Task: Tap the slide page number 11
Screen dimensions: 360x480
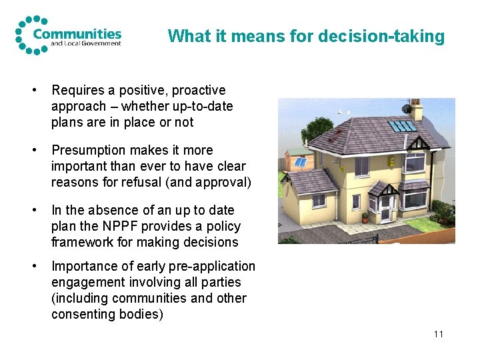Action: [437, 333]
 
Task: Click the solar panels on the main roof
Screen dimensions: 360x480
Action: [403, 125]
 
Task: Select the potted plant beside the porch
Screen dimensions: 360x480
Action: [365, 218]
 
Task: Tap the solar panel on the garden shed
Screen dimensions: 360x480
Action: [301, 162]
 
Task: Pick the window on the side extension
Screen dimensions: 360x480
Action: [319, 199]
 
